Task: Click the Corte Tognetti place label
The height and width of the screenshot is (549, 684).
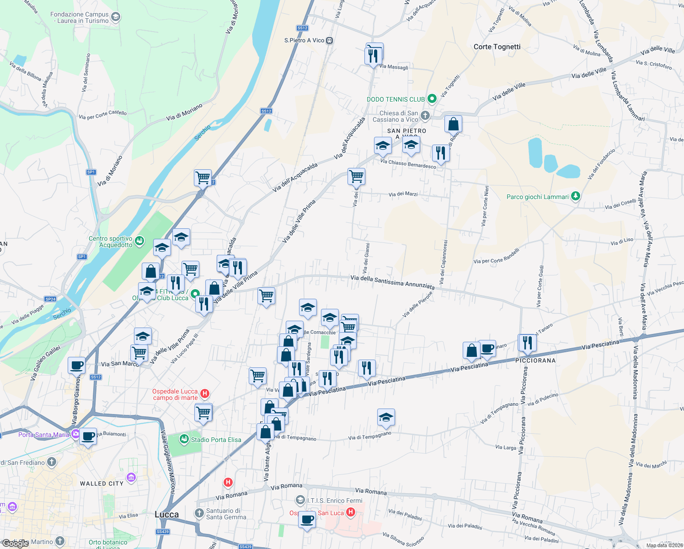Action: click(x=497, y=47)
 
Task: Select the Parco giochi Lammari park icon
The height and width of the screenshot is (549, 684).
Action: click(x=576, y=196)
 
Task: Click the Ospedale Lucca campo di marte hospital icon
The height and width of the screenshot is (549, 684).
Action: click(x=205, y=393)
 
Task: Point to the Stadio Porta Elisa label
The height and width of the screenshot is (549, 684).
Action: click(x=216, y=440)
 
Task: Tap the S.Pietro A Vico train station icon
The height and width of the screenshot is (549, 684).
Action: click(x=329, y=40)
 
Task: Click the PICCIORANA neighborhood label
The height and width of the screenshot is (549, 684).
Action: click(x=535, y=361)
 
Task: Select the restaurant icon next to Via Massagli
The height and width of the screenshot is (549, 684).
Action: click(x=374, y=56)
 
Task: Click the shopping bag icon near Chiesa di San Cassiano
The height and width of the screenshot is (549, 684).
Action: click(x=453, y=124)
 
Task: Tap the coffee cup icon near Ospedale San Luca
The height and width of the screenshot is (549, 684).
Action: click(x=307, y=520)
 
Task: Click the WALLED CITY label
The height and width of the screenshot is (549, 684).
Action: click(x=102, y=484)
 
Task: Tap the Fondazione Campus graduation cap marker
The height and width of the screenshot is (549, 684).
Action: click(x=116, y=17)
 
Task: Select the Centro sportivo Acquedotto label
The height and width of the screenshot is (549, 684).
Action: click(x=111, y=242)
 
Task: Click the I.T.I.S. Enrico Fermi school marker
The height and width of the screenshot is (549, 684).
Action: click(x=300, y=500)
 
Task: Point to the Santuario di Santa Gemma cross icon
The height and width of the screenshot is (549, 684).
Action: click(x=199, y=513)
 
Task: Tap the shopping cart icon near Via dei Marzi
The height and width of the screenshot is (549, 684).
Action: click(x=356, y=176)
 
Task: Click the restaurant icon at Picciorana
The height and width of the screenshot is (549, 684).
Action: click(x=527, y=343)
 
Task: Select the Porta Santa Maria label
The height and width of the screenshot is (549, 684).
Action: click(x=43, y=434)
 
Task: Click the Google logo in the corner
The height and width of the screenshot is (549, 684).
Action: click(x=15, y=543)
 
